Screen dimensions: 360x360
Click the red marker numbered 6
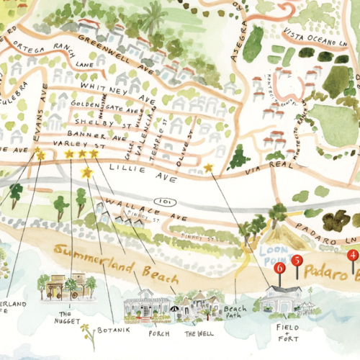[281, 268]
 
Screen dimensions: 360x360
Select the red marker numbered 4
[352, 255]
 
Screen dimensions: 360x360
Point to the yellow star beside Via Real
[209, 168]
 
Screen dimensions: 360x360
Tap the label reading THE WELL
[198, 333]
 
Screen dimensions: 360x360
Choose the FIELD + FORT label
[287, 330]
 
